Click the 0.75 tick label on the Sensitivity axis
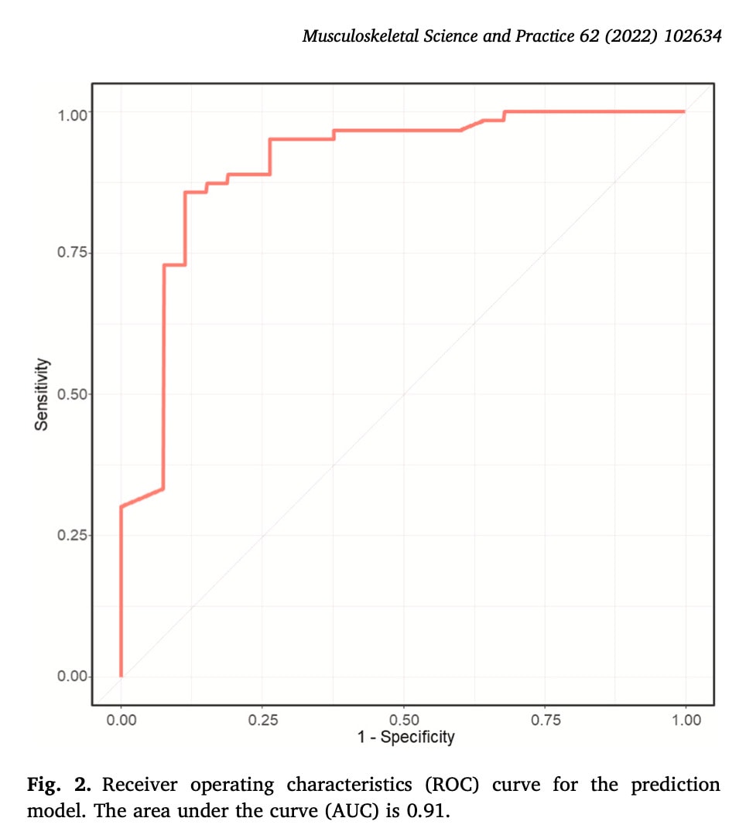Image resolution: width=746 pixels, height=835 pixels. click(74, 254)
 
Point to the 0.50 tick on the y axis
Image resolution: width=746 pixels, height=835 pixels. click(74, 394)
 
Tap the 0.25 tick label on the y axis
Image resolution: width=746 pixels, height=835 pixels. click(74, 536)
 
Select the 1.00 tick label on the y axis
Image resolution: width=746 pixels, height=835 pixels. click(74, 113)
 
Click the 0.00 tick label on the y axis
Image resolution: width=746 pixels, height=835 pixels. click(74, 677)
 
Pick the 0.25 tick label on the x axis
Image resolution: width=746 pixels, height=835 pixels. click(262, 721)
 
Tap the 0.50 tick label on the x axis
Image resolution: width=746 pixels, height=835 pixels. click(404, 721)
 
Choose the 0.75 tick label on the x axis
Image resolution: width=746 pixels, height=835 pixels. click(545, 721)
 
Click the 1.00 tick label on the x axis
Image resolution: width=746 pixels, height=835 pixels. click(686, 721)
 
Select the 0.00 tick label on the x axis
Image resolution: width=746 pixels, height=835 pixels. click(121, 721)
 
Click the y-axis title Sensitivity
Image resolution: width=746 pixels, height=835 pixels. click(43, 394)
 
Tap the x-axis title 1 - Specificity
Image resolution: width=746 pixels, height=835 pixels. click(406, 737)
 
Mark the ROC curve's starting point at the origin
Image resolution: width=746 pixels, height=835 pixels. click(121, 676)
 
